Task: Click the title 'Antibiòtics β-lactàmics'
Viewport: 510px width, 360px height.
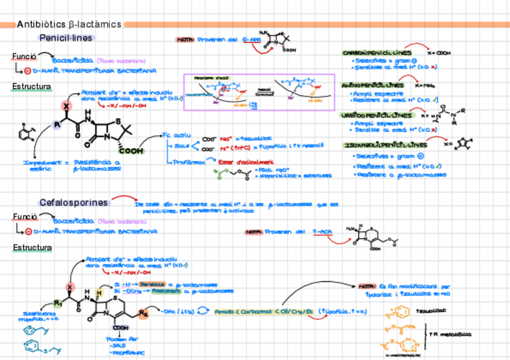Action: [x=69, y=25]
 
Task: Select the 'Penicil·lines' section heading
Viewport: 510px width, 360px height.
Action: [x=66, y=38]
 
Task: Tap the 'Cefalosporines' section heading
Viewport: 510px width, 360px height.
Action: [x=73, y=203]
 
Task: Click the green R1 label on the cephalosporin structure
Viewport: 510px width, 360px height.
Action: [x=58, y=303]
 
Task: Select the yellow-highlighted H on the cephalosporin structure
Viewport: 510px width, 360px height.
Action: [x=100, y=293]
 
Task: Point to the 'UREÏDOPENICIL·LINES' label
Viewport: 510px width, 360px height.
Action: [x=378, y=115]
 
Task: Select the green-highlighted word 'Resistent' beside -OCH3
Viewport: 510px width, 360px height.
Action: [x=165, y=291]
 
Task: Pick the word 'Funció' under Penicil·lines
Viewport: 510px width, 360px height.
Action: [x=25, y=56]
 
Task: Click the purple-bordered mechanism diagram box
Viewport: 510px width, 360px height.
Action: [x=259, y=93]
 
